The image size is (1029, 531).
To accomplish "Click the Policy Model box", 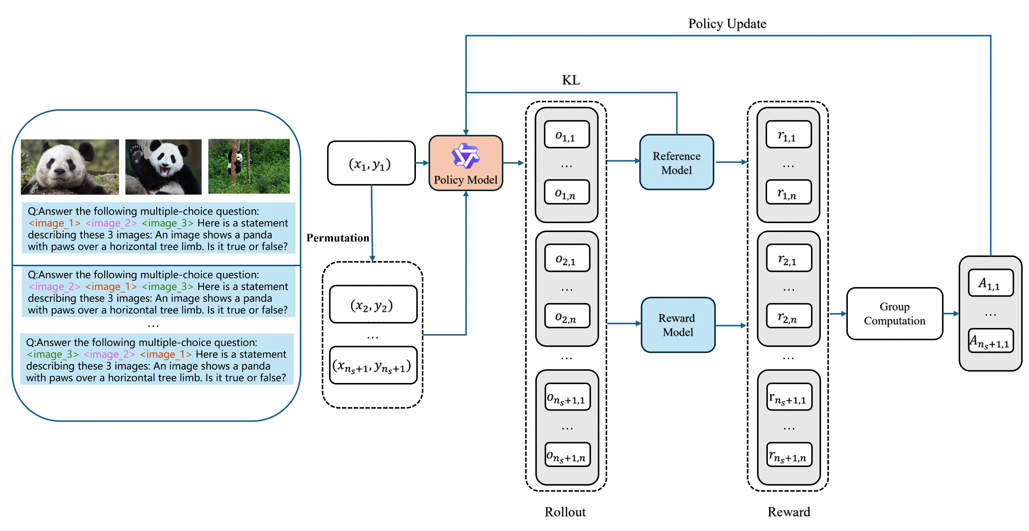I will (x=465, y=163).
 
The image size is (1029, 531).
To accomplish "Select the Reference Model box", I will (x=676, y=162).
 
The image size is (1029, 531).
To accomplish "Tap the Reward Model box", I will (x=678, y=325).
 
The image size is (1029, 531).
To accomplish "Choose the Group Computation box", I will (x=894, y=313).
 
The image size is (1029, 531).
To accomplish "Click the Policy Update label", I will (x=727, y=23).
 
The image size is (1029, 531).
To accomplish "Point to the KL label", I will (x=571, y=80).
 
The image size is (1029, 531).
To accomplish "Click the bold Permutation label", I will (x=337, y=238).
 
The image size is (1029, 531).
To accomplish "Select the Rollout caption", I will (x=565, y=512).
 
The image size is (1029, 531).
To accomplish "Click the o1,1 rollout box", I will (x=567, y=135).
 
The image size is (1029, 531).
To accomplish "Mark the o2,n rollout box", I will (x=567, y=316).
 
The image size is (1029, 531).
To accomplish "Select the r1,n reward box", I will (x=788, y=193).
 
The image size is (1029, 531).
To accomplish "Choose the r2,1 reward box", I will (x=788, y=258).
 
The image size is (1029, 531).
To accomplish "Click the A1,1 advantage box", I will (x=990, y=283).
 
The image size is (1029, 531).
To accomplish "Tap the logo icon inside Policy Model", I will (x=465, y=155).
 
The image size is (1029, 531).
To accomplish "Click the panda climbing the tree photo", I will (x=249, y=167).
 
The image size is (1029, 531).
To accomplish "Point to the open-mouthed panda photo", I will (x=163, y=167).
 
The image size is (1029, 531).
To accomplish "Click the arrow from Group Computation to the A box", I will (x=951, y=313).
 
